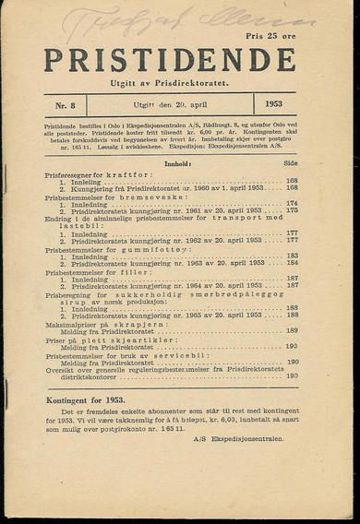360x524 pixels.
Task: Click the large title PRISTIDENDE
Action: pos(170,62)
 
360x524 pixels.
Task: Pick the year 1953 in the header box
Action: pos(273,105)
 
